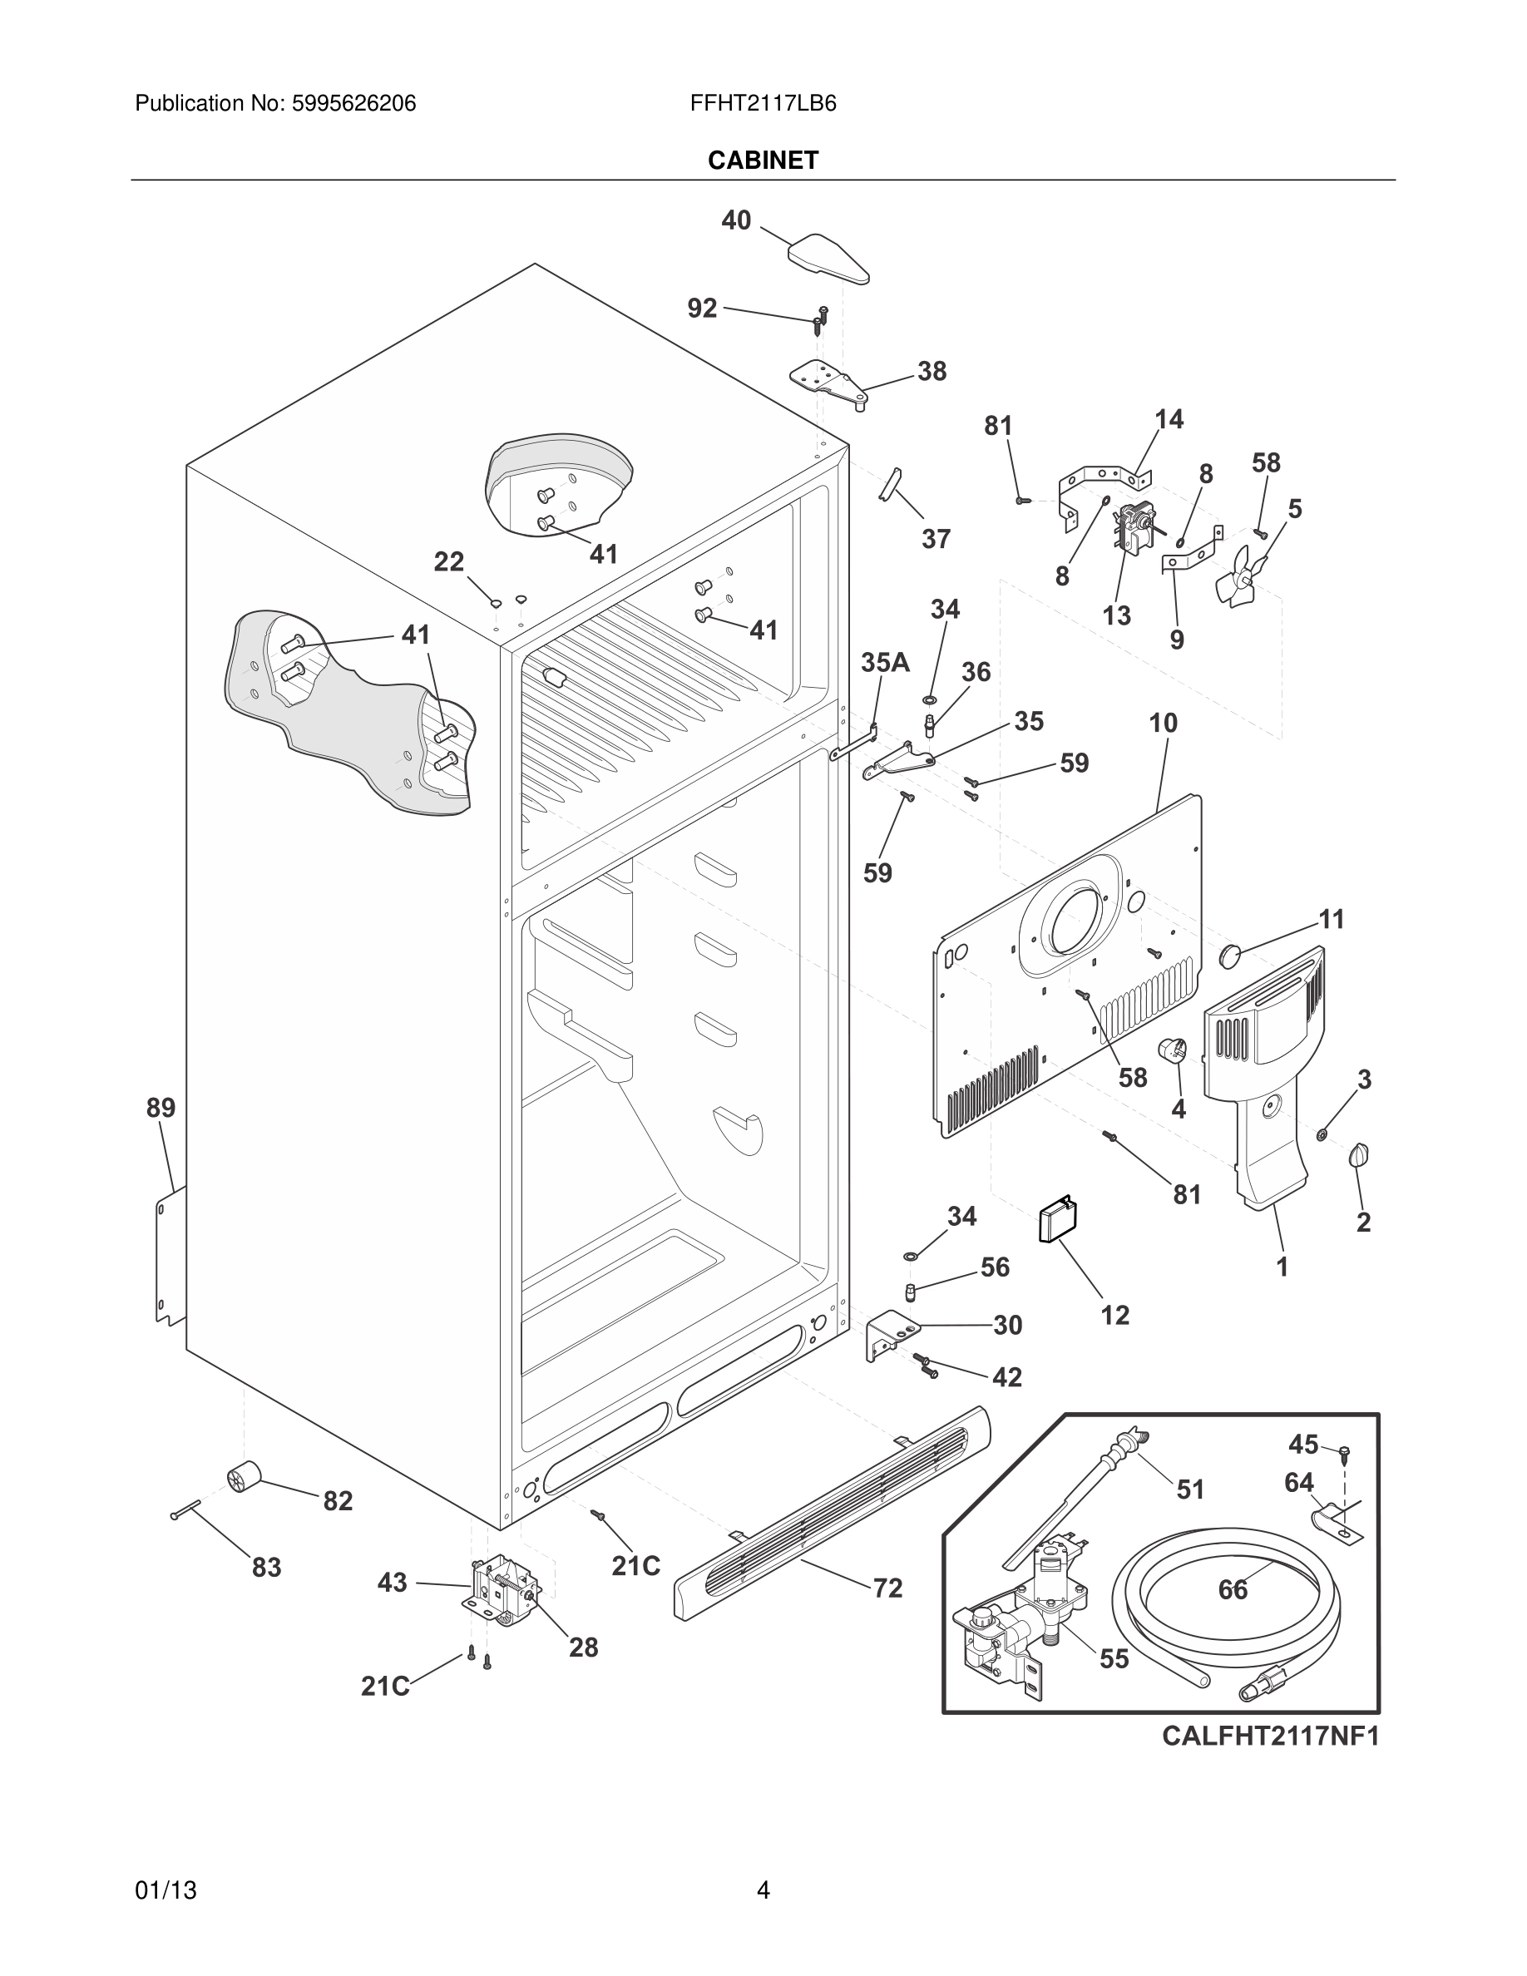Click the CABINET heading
763,161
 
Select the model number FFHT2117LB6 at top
763,104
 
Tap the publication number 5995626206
353,104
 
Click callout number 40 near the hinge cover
735,220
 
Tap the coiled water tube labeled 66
1226,1585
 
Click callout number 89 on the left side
161,1108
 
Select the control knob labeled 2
1359,1155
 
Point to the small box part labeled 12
1057,1223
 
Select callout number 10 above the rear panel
1164,723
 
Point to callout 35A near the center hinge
885,662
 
